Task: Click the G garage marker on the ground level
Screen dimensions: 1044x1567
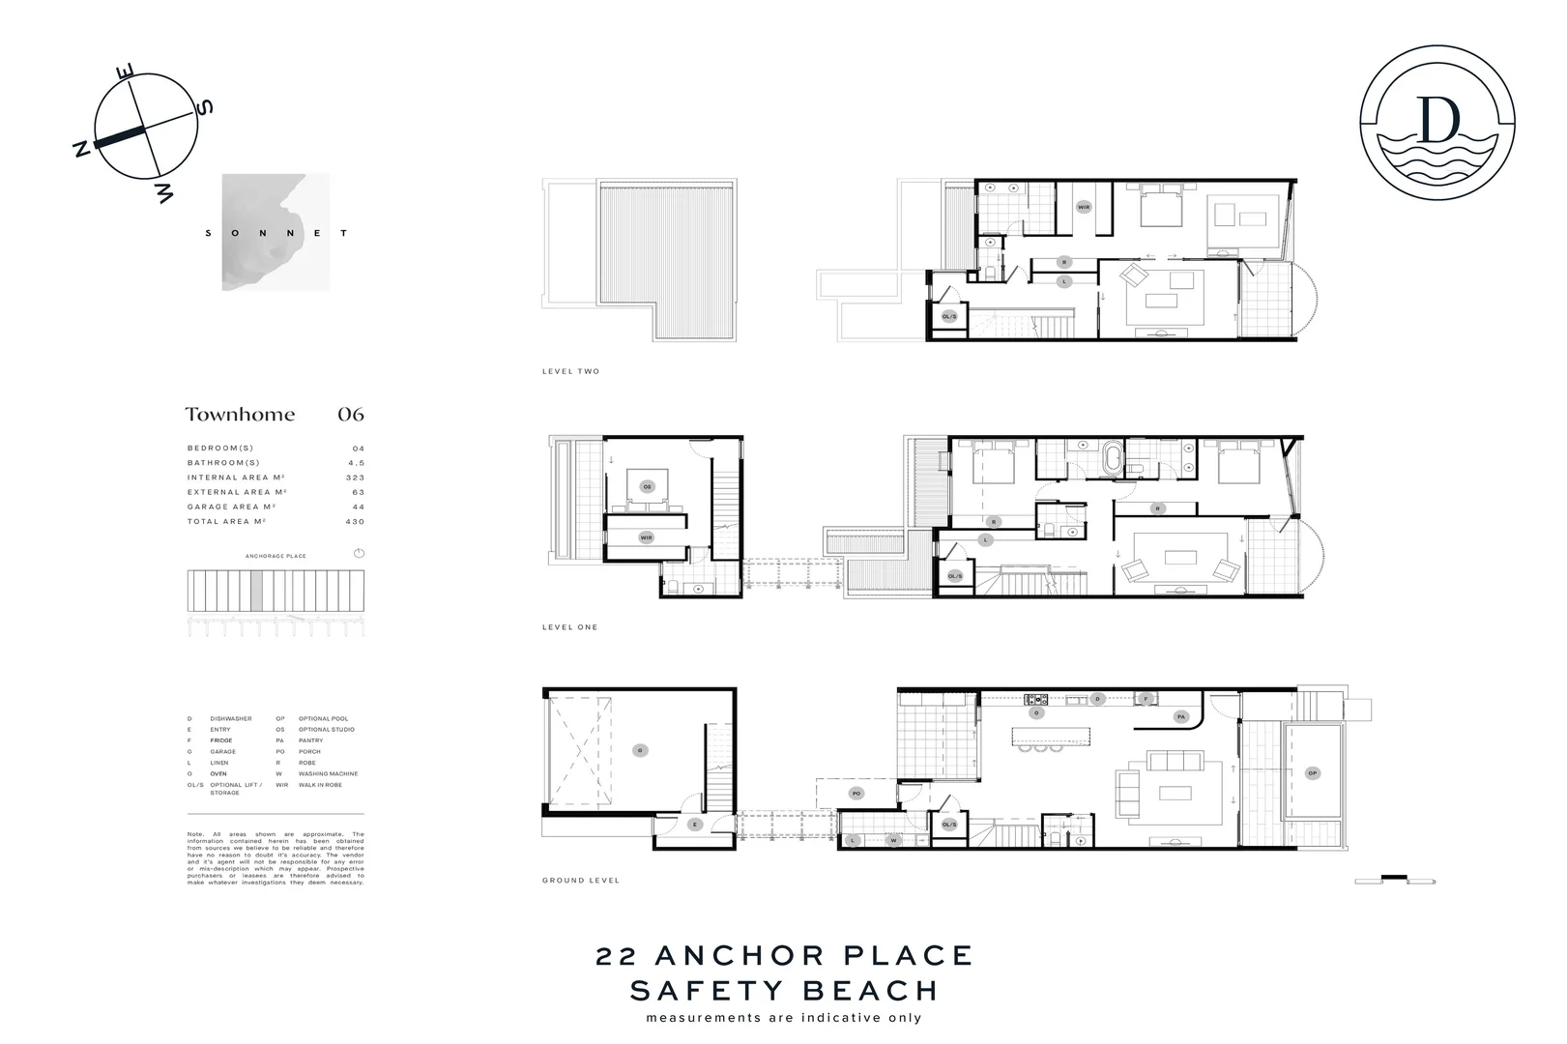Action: point(639,749)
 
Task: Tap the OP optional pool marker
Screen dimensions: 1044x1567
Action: point(1312,772)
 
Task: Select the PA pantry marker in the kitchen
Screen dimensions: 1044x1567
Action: point(1180,717)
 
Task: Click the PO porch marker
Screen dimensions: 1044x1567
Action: point(856,794)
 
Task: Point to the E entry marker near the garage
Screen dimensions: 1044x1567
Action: point(694,825)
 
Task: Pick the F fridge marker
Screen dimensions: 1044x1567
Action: point(1146,698)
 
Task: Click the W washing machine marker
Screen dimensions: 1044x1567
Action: point(893,841)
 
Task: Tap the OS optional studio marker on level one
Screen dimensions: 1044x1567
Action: point(647,486)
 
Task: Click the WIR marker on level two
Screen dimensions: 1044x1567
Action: point(1084,207)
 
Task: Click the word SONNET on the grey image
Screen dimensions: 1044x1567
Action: point(276,233)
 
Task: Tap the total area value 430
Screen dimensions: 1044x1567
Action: point(355,522)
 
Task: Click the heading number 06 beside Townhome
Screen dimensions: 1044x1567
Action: point(350,415)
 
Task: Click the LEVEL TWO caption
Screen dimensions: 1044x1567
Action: point(570,372)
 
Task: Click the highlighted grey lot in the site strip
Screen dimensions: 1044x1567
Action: point(256,590)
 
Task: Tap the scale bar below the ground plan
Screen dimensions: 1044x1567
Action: point(1394,880)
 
